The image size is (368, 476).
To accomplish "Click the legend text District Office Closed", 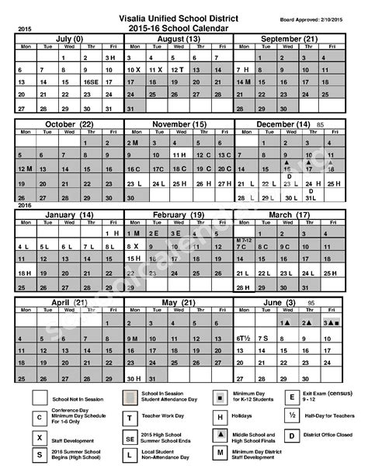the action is point(332,435).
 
